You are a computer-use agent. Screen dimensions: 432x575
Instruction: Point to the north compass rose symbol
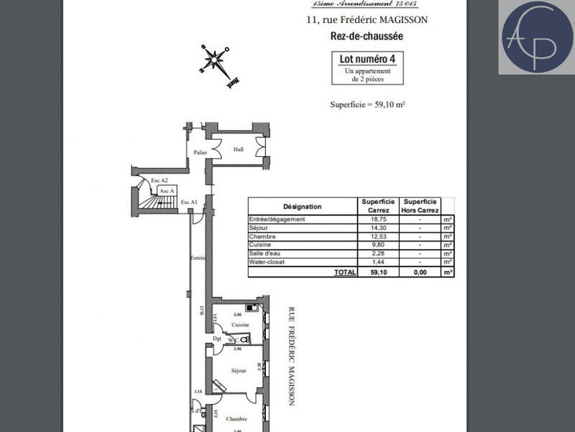coord(214,62)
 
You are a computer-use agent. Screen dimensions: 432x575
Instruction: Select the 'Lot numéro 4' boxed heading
coord(367,59)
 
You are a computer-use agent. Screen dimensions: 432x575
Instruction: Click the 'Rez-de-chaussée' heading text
coord(367,34)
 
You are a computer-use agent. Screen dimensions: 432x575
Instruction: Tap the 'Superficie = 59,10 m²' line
coord(367,104)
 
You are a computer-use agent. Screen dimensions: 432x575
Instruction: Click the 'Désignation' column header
coord(302,206)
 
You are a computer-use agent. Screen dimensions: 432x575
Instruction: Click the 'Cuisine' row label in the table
coord(259,245)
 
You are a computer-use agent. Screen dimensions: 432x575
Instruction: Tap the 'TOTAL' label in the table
coord(344,272)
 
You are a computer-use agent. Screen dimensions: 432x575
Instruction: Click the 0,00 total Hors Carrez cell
coord(420,272)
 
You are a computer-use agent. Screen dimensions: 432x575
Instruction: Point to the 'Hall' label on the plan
coord(239,150)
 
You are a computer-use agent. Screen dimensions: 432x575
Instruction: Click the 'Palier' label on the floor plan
coord(200,152)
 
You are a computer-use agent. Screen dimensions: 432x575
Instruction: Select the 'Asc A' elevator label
coord(167,190)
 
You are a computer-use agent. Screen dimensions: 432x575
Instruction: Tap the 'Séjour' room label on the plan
coord(239,370)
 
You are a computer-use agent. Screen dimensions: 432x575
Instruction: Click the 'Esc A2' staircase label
coord(159,180)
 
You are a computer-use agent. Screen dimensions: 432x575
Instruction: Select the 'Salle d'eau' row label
coord(264,254)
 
